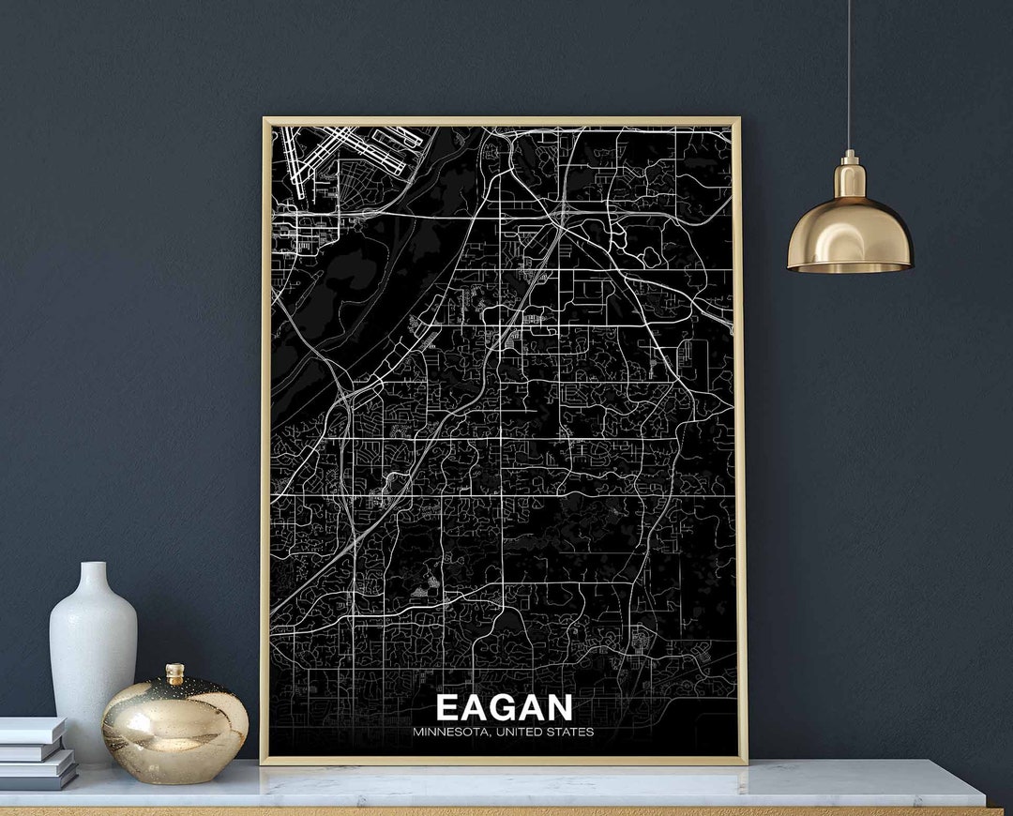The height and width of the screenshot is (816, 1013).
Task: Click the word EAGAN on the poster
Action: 504,707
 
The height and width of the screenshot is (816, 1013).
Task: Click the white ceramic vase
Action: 92,657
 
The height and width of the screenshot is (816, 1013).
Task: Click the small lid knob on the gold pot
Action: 174,672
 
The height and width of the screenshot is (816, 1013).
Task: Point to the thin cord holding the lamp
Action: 850,75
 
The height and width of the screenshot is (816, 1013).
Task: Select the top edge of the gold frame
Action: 502,121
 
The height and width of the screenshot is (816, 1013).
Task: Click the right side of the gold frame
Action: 742,441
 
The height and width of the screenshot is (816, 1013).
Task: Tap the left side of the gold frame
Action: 265,441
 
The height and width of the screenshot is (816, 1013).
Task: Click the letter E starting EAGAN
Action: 447,707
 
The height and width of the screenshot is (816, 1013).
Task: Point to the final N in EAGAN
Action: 559,707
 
